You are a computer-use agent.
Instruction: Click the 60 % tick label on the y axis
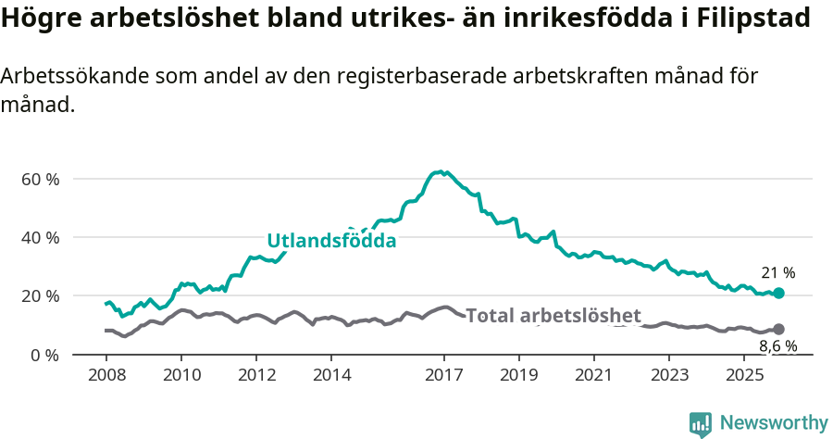(40, 179)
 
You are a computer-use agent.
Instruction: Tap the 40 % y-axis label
(40, 237)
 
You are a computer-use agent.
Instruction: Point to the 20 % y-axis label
(40, 296)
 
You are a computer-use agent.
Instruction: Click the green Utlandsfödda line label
(331, 241)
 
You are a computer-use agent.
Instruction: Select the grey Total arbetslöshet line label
(553, 316)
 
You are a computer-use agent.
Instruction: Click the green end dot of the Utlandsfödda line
(778, 293)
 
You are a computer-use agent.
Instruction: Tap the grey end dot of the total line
(778, 329)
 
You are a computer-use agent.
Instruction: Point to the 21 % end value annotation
(777, 273)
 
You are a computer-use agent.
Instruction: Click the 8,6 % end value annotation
(777, 347)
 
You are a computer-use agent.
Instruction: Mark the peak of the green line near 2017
(441, 171)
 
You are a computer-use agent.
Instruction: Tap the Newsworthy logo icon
(701, 423)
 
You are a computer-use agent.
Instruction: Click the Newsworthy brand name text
(774, 423)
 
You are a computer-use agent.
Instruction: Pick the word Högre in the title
(38, 19)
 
